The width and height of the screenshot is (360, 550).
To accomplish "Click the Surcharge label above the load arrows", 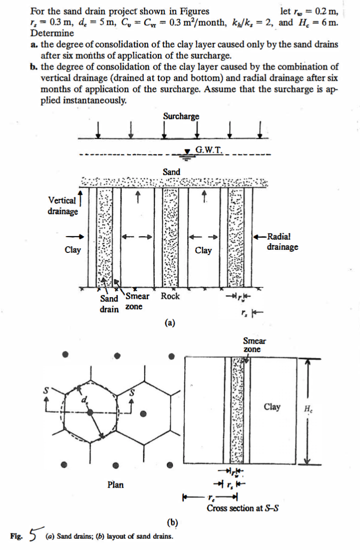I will pos(181,116).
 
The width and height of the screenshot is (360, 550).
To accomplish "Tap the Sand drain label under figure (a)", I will pos(109,304).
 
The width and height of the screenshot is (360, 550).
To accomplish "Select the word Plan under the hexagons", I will pos(115,484).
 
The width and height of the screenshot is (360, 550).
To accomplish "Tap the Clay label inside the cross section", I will pos(272,407).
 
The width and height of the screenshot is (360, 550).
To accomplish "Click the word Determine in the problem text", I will pos(52,33).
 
